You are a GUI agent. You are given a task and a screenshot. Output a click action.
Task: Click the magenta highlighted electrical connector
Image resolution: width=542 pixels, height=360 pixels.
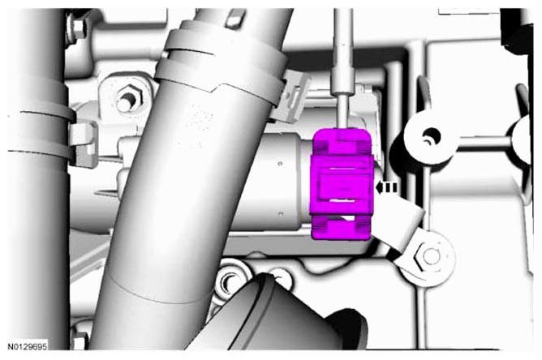click(342, 184)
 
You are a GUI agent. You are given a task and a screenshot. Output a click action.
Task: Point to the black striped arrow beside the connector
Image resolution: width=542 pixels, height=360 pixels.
click(387, 187)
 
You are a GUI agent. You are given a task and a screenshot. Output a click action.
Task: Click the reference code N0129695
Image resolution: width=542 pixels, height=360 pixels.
click(28, 346)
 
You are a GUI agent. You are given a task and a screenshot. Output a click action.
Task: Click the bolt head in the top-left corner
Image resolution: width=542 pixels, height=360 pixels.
click(79, 28)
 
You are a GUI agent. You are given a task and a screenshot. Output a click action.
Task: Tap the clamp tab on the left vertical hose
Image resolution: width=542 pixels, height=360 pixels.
click(83, 144)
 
